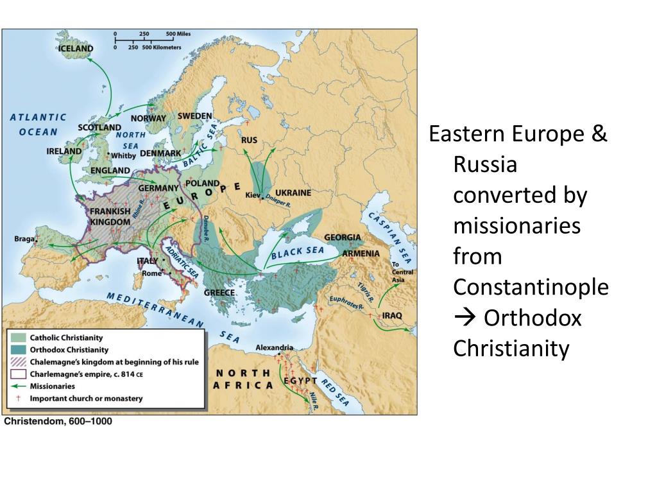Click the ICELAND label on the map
tap(76, 48)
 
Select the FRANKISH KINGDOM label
tap(110, 216)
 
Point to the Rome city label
tap(151, 273)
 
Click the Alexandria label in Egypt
tap(274, 347)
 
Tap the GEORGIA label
tap(342, 237)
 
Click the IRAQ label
tap(391, 316)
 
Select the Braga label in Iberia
tap(24, 239)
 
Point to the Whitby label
tap(123, 155)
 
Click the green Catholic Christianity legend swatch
tap(18, 338)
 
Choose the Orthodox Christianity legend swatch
tap(18, 350)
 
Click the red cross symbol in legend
tap(18, 399)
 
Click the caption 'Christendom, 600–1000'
tap(58, 422)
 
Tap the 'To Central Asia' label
tap(402, 272)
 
